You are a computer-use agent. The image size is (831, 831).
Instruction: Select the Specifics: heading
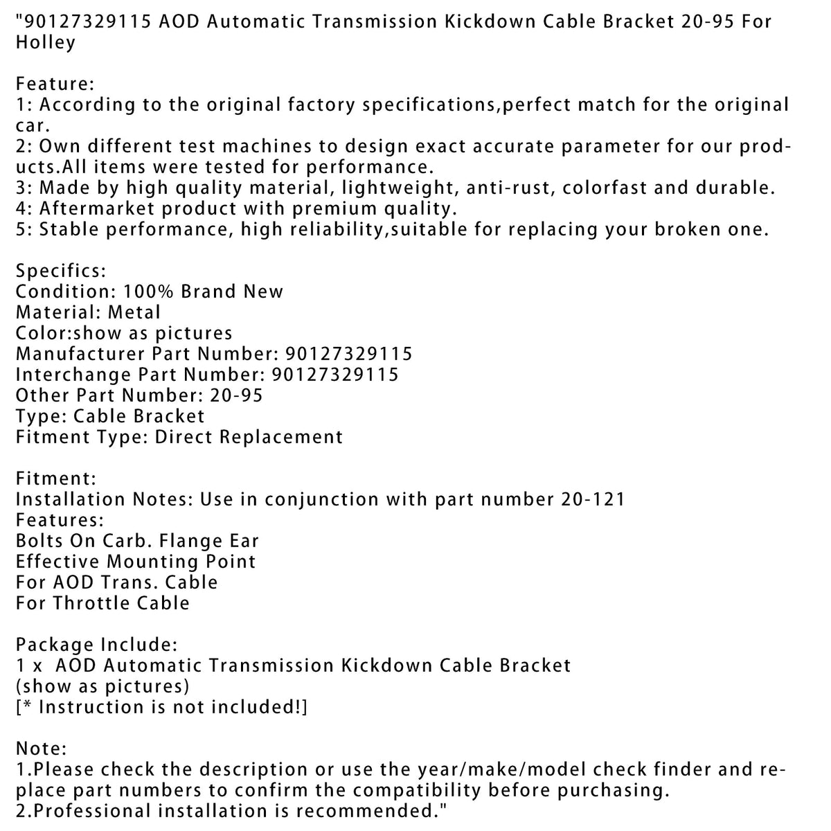pyautogui.click(x=61, y=271)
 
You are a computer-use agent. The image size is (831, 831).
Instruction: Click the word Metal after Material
pyautogui.click(x=134, y=312)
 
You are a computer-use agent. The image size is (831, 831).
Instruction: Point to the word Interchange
pyautogui.click(x=73, y=375)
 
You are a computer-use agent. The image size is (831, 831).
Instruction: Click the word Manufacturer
pyautogui.click(x=79, y=354)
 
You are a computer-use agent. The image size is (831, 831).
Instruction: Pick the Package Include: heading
pyautogui.click(x=96, y=645)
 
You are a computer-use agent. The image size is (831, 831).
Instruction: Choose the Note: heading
pyautogui.click(x=41, y=749)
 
